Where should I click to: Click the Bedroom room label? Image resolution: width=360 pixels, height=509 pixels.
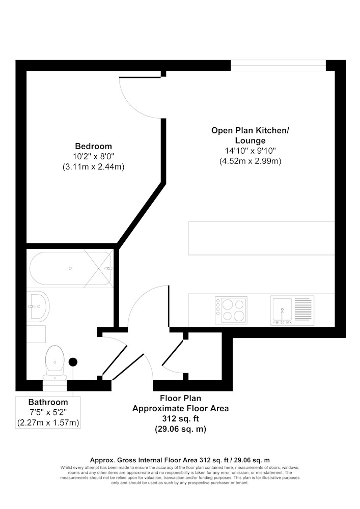point(94,146)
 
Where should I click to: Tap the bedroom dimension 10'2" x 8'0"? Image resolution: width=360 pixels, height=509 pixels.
point(94,156)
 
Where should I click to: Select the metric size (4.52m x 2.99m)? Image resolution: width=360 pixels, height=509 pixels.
point(251,161)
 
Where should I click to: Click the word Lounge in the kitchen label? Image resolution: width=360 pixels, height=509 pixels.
point(251,140)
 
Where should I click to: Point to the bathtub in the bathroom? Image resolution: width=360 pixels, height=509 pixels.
point(70,268)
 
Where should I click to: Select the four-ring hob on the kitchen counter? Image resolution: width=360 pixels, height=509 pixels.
point(231,310)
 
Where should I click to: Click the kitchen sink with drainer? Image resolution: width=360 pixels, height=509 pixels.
point(292,310)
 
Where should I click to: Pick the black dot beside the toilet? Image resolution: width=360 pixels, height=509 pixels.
point(73,362)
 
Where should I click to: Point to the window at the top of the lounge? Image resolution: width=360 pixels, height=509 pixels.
point(278,65)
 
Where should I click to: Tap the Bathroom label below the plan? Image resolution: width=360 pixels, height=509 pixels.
point(48,402)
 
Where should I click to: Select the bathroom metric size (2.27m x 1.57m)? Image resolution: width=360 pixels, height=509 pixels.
point(48,423)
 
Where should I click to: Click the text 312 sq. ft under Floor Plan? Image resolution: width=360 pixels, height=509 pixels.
point(180,419)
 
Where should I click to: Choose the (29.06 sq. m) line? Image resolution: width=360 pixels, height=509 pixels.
point(180,429)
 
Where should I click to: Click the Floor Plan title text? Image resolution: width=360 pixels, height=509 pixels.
point(180,398)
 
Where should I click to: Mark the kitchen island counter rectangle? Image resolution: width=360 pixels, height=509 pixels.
point(261,238)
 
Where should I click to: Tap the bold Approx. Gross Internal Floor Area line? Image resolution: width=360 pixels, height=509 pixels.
point(180,460)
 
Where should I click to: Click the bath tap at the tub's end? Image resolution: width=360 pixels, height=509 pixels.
point(109,268)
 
